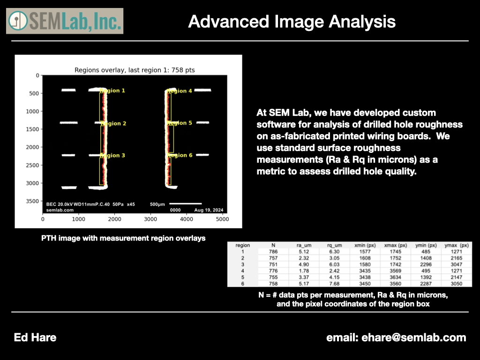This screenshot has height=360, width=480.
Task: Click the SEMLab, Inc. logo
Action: (x=65, y=21)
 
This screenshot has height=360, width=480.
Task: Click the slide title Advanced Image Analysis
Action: (x=292, y=22)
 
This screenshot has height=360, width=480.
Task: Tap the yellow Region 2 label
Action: (x=113, y=123)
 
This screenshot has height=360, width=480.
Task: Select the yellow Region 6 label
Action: (x=180, y=155)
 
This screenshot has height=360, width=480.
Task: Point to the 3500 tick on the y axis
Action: (x=34, y=201)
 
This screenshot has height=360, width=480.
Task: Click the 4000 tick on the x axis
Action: (x=187, y=219)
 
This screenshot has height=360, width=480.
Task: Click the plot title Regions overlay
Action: (x=135, y=70)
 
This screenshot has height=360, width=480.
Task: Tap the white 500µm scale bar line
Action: (x=186, y=203)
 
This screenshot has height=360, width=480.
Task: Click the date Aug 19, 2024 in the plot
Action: (x=209, y=210)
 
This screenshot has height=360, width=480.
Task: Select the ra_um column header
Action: (x=304, y=245)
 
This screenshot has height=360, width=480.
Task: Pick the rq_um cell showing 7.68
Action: (x=334, y=284)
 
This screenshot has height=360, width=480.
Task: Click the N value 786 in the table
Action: (x=273, y=252)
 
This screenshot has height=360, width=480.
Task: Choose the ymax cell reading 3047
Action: (x=456, y=264)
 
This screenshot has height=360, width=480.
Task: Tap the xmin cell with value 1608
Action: (x=365, y=258)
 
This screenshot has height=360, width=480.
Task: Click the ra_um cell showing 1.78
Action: (x=304, y=271)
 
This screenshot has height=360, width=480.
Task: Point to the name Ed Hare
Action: (x=35, y=337)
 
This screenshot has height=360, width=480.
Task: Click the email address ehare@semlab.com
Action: (x=413, y=337)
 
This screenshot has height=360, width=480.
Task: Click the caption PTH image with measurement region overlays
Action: (x=123, y=238)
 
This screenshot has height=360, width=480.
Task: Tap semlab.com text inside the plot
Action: (x=60, y=210)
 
